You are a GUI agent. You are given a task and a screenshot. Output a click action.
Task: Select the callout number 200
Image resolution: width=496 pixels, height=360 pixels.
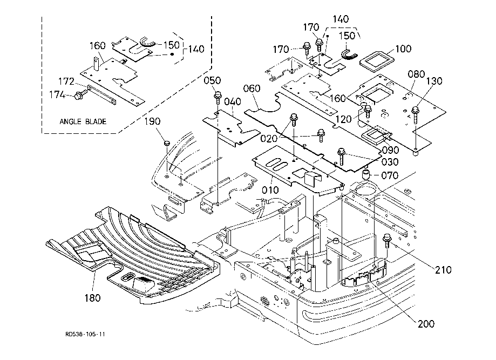pos(425,324)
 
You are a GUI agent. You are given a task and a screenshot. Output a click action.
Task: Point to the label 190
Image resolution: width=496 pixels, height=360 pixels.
pos(153,121)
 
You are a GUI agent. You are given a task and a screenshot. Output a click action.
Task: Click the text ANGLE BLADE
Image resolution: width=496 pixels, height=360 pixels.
pos(83,121)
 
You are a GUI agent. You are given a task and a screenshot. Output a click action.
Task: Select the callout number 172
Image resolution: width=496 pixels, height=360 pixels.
pos(67,81)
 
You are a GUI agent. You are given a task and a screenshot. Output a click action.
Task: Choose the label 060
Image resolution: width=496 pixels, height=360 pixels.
pos(252,88)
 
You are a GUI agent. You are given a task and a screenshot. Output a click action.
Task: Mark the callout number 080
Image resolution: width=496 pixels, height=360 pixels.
pos(417,73)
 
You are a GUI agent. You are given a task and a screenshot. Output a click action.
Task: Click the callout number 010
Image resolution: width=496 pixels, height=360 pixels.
pos(270,190)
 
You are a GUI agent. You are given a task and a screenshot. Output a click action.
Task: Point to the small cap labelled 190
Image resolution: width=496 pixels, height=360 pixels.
pos(167,142)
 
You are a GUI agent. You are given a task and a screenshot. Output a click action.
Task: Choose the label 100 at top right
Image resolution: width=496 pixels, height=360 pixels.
pos(403,49)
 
